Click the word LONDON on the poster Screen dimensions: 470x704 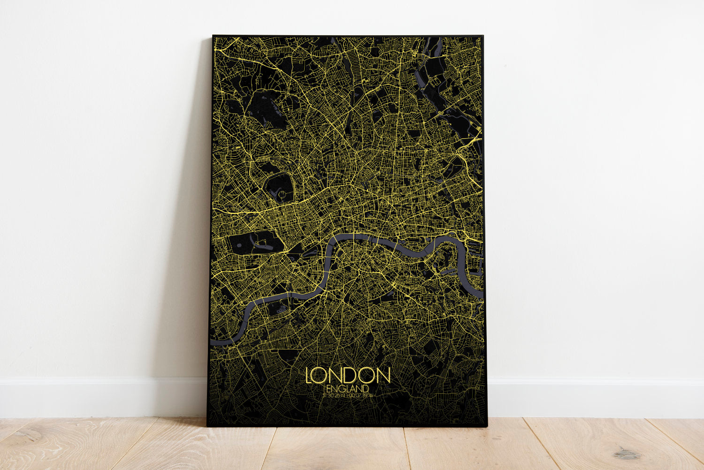[348, 375]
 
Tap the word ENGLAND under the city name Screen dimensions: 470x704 [348, 389]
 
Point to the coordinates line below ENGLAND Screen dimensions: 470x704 [348, 395]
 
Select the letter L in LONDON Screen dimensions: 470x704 [310, 375]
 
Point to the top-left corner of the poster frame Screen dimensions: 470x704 [213, 36]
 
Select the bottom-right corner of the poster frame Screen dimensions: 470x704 [487, 426]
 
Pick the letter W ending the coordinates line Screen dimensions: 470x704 [371, 395]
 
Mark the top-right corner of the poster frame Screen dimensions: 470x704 [483, 36]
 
